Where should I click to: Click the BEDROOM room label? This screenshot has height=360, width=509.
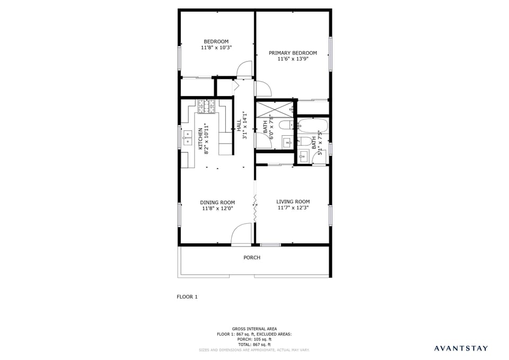click(216, 41)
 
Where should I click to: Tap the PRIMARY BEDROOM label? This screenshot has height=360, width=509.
click(293, 52)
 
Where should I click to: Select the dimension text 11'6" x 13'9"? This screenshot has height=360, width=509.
click(293, 59)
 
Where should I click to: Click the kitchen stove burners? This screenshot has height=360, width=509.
click(207, 107)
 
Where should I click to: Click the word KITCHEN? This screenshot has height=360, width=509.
click(200, 139)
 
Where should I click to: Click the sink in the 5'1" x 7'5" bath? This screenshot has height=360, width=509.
click(303, 156)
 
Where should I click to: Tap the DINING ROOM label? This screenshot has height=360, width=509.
click(217, 202)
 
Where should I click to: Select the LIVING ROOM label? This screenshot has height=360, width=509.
click(293, 201)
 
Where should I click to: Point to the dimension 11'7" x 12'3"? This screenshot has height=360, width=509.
click(293, 208)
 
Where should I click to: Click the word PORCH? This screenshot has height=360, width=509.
click(252, 258)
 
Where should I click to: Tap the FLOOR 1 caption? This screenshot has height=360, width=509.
click(187, 297)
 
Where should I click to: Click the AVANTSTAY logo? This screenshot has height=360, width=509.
click(461, 348)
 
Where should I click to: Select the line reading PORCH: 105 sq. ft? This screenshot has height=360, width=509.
click(254, 339)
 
